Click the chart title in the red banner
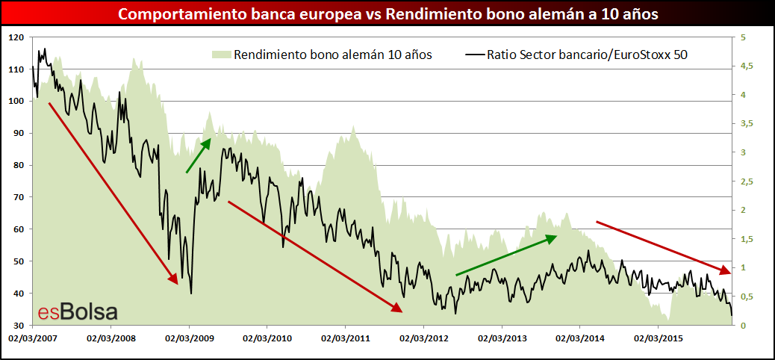(x=387, y=14)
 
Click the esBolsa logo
(x=77, y=312)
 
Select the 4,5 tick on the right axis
(x=746, y=66)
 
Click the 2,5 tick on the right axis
(x=746, y=181)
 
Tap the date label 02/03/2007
(x=31, y=338)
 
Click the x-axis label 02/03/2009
(x=188, y=338)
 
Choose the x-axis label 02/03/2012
(x=423, y=338)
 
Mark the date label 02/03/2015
(x=659, y=338)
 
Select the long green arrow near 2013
(x=506, y=255)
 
